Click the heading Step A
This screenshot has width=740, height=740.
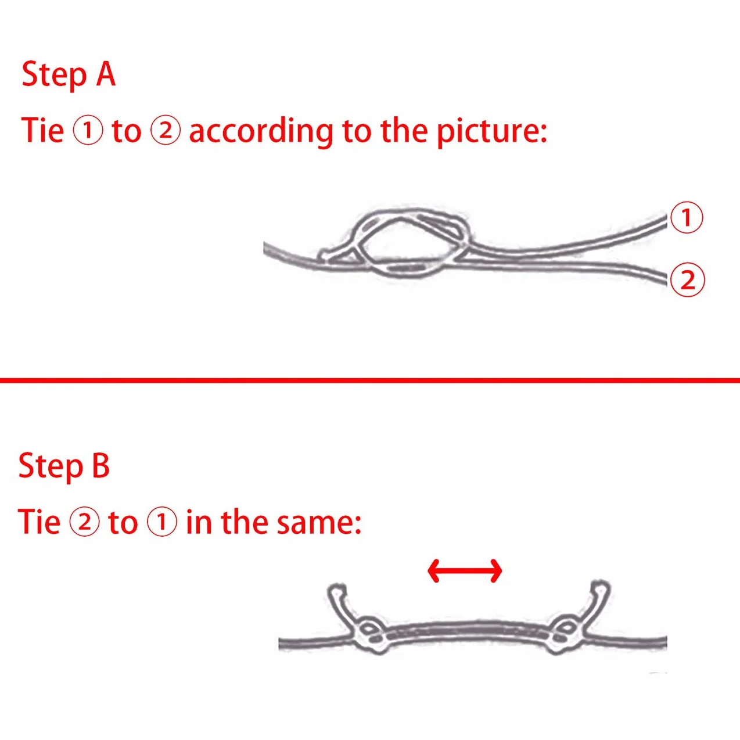pyautogui.click(x=69, y=75)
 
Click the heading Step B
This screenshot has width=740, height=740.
pyautogui.click(x=64, y=466)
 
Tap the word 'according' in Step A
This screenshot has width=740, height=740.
pyautogui.click(x=261, y=131)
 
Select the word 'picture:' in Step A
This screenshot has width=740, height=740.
pyautogui.click(x=492, y=131)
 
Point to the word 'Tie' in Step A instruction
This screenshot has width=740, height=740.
pyautogui.click(x=42, y=131)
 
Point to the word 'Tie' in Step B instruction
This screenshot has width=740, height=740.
pyautogui.click(x=39, y=522)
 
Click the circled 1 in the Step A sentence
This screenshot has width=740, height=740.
pyautogui.click(x=88, y=131)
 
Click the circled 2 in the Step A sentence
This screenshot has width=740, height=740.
pyautogui.click(x=165, y=131)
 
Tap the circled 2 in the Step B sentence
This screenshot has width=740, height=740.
pyautogui.click(x=84, y=522)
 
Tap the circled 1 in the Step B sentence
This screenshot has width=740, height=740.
pyautogui.click(x=162, y=522)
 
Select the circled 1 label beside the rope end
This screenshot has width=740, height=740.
pyautogui.click(x=687, y=217)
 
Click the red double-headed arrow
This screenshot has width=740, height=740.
pyautogui.click(x=465, y=581)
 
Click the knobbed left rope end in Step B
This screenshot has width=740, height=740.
pyautogui.click(x=337, y=592)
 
